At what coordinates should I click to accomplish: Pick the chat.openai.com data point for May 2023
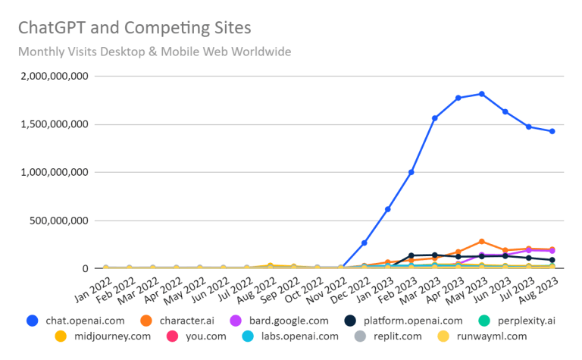(x=482, y=94)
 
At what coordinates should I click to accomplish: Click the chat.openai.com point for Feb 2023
(x=411, y=172)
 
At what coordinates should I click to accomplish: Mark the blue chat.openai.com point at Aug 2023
(x=552, y=131)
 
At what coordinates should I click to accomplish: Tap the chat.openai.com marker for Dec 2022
(x=365, y=243)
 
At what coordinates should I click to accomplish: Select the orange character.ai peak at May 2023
(x=482, y=241)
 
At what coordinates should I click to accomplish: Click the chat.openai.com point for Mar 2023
(x=435, y=118)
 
